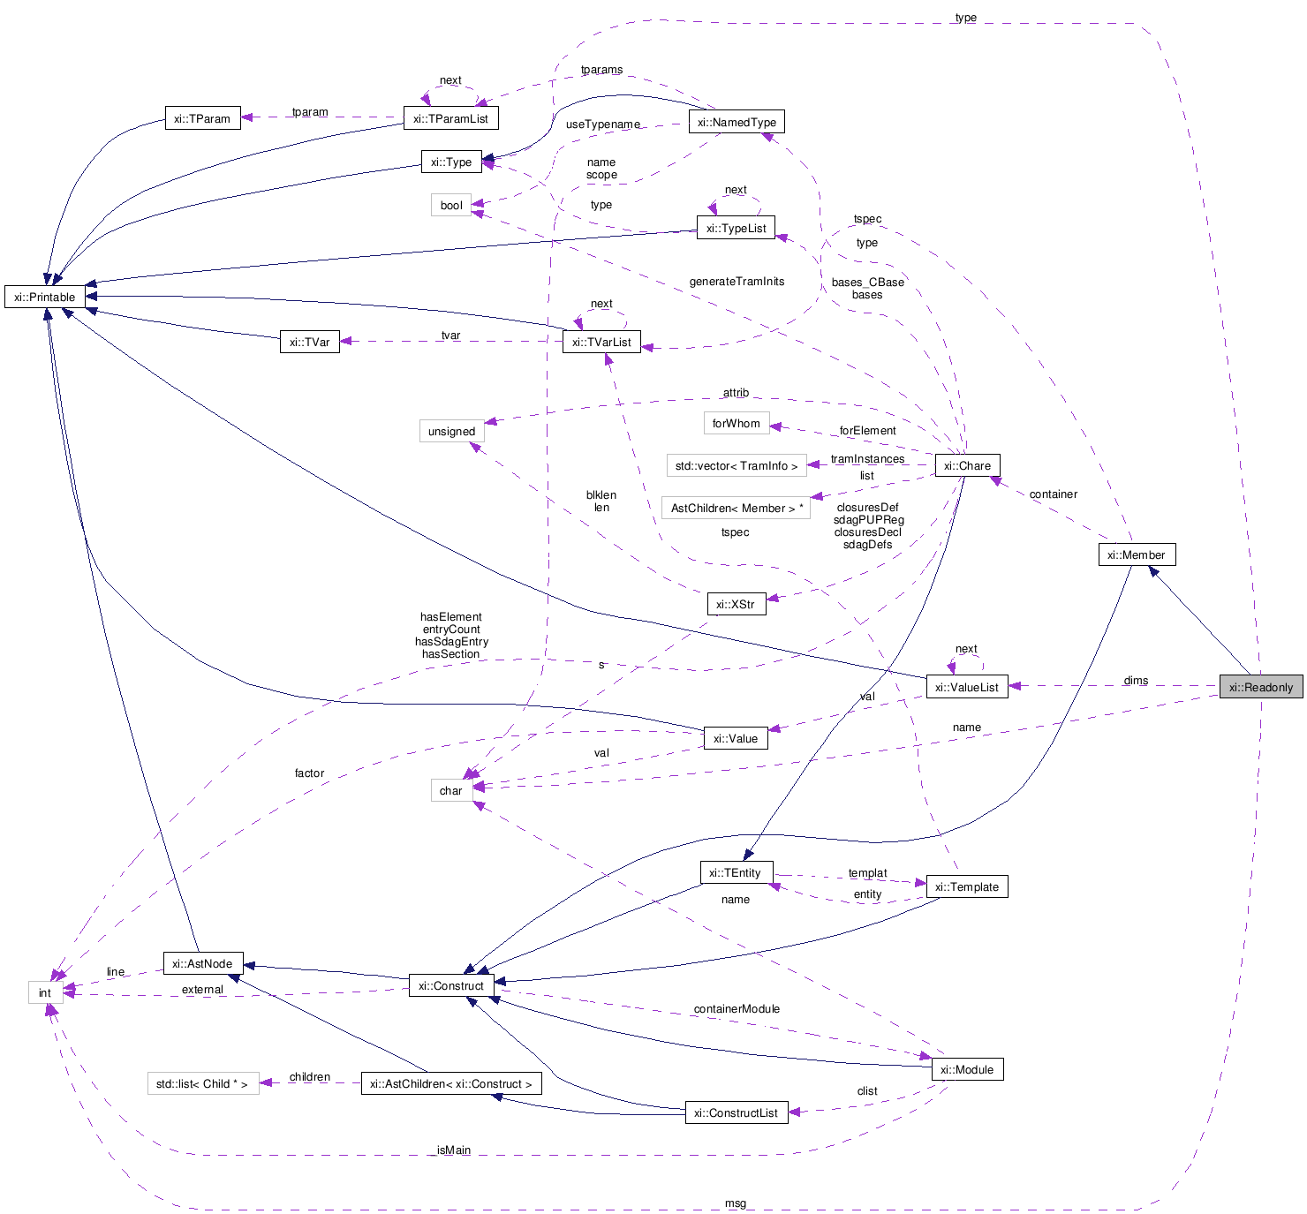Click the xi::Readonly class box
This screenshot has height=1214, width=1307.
pyautogui.click(x=1260, y=687)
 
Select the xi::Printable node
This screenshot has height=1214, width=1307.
pyautogui.click(x=45, y=297)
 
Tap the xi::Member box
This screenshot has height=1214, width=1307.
pyautogui.click(x=1136, y=554)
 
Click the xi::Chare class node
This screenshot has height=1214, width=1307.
pyautogui.click(x=967, y=465)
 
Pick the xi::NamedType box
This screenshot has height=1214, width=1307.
pyautogui.click(x=737, y=122)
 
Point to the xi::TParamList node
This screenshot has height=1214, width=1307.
pyautogui.click(x=450, y=118)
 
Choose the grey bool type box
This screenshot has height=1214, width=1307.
pyautogui.click(x=451, y=205)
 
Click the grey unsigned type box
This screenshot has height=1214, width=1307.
pyautogui.click(x=451, y=431)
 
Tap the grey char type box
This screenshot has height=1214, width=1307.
pyautogui.click(x=450, y=790)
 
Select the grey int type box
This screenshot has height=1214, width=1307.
pyautogui.click(x=45, y=992)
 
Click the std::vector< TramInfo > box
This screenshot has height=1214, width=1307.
pyautogui.click(x=736, y=465)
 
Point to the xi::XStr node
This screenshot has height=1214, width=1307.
pyautogui.click(x=736, y=604)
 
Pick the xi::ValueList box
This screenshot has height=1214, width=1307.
pyautogui.click(x=966, y=687)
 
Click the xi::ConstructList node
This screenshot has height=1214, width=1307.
pyautogui.click(x=736, y=1112)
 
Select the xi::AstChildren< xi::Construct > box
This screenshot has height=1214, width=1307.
pyautogui.click(x=450, y=1083)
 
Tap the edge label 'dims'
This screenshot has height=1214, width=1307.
pyautogui.click(x=1136, y=681)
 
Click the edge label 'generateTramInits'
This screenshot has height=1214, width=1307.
pyautogui.click(x=737, y=281)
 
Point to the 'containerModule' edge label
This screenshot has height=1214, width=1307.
pyautogui.click(x=737, y=1008)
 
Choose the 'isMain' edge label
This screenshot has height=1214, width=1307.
pyautogui.click(x=454, y=1150)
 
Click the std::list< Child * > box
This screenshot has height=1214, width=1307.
pyautogui.click(x=202, y=1083)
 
